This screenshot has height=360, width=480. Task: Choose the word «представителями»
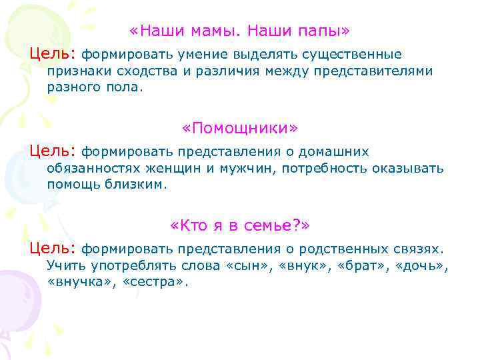[378, 71]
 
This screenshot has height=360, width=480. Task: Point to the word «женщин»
[169, 168]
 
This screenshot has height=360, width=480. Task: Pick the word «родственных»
[337, 249]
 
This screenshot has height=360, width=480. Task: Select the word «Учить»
[65, 265]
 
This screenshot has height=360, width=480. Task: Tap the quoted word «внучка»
[81, 282]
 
